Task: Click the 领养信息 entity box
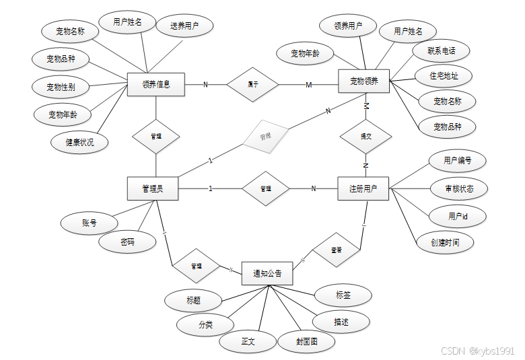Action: point(155,84)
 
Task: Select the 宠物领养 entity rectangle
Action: point(364,81)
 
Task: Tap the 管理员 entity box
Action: point(153,188)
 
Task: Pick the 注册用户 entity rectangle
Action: point(363,188)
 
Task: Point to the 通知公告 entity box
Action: point(267,273)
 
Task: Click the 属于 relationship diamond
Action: point(253,84)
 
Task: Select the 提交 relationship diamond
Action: point(366,135)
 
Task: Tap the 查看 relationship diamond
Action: point(336,250)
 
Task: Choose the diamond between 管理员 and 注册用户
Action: point(266,189)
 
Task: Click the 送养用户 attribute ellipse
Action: point(183,26)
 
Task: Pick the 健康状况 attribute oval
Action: point(79,142)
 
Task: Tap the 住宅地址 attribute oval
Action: point(444,76)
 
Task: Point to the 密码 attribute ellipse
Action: point(127,242)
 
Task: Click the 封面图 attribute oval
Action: point(306,341)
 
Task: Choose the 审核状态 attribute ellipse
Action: point(459,188)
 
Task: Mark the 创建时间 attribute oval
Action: point(446,242)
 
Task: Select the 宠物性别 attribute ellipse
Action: point(61,87)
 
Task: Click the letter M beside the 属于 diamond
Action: point(309,85)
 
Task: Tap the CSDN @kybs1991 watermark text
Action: point(478,351)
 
